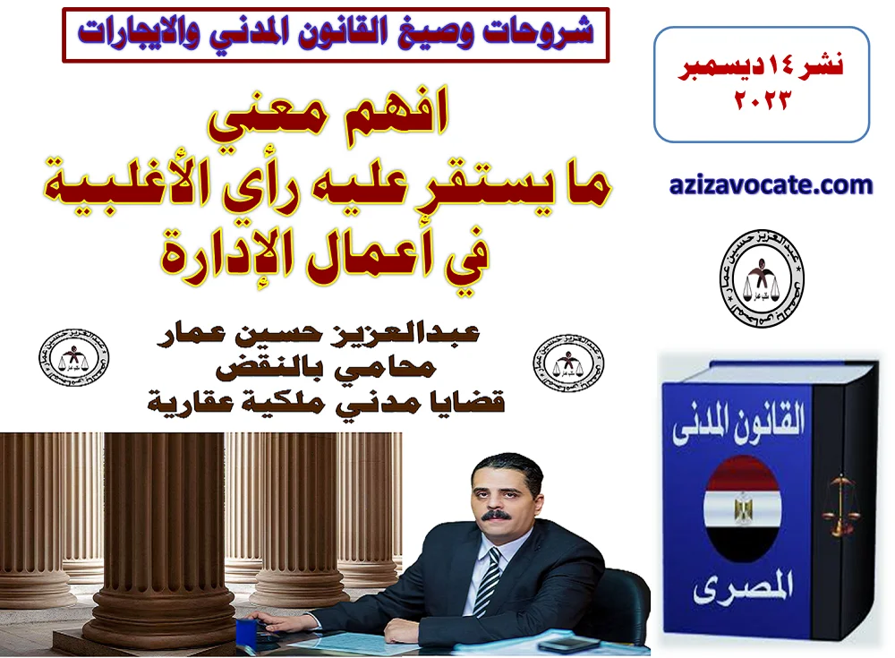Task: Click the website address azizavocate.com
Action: point(771,186)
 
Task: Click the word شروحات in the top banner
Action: point(536,33)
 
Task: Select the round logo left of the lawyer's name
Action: point(74,360)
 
